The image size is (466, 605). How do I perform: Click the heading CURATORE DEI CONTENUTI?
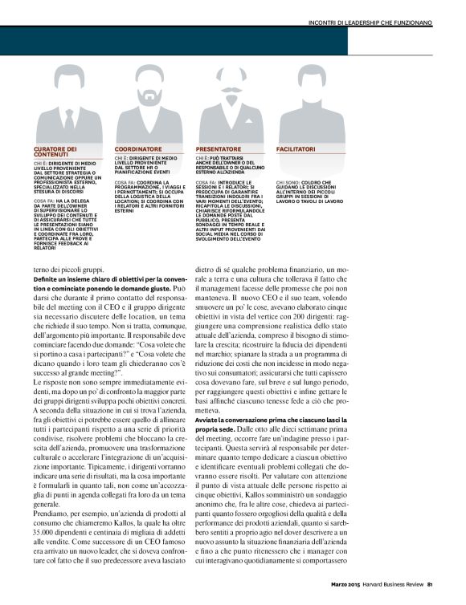tap(55, 152)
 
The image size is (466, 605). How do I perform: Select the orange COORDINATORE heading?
tap(138, 149)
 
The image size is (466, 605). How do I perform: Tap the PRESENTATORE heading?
tap(219, 149)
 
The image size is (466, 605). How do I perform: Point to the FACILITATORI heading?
tap(296, 149)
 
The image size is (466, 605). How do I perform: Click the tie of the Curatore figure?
tap(70, 120)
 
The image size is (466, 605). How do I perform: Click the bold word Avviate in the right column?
tap(211, 420)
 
